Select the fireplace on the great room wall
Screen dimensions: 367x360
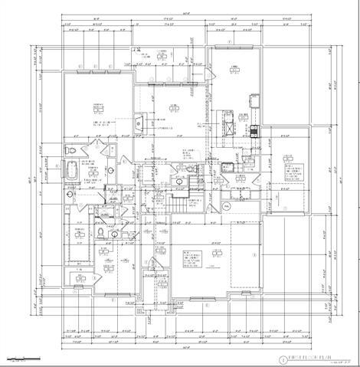137,121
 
